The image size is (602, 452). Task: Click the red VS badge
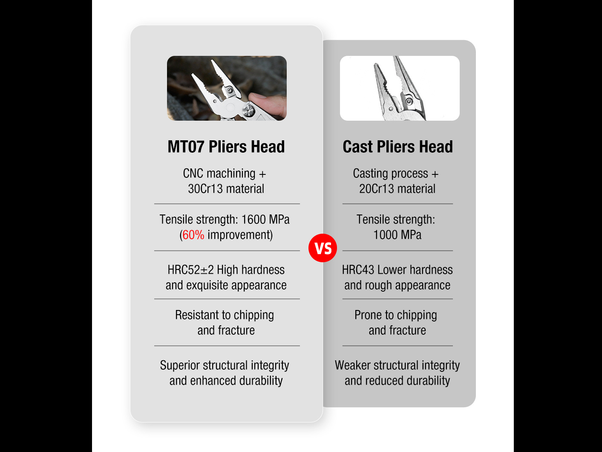tap(323, 248)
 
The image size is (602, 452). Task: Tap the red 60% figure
tap(193, 235)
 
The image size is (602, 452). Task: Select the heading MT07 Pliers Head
tap(226, 147)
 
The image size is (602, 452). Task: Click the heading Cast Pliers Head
tap(397, 147)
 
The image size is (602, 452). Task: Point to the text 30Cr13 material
tap(226, 189)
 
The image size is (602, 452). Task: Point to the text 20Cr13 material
tap(397, 189)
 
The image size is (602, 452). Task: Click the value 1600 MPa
tap(265, 220)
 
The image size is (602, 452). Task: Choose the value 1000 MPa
tap(397, 235)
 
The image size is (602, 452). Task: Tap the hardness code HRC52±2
tap(190, 270)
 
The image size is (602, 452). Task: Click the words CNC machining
tap(219, 174)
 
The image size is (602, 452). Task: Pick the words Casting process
tap(390, 174)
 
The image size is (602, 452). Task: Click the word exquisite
tap(207, 285)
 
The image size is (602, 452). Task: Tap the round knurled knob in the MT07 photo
tap(248, 111)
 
